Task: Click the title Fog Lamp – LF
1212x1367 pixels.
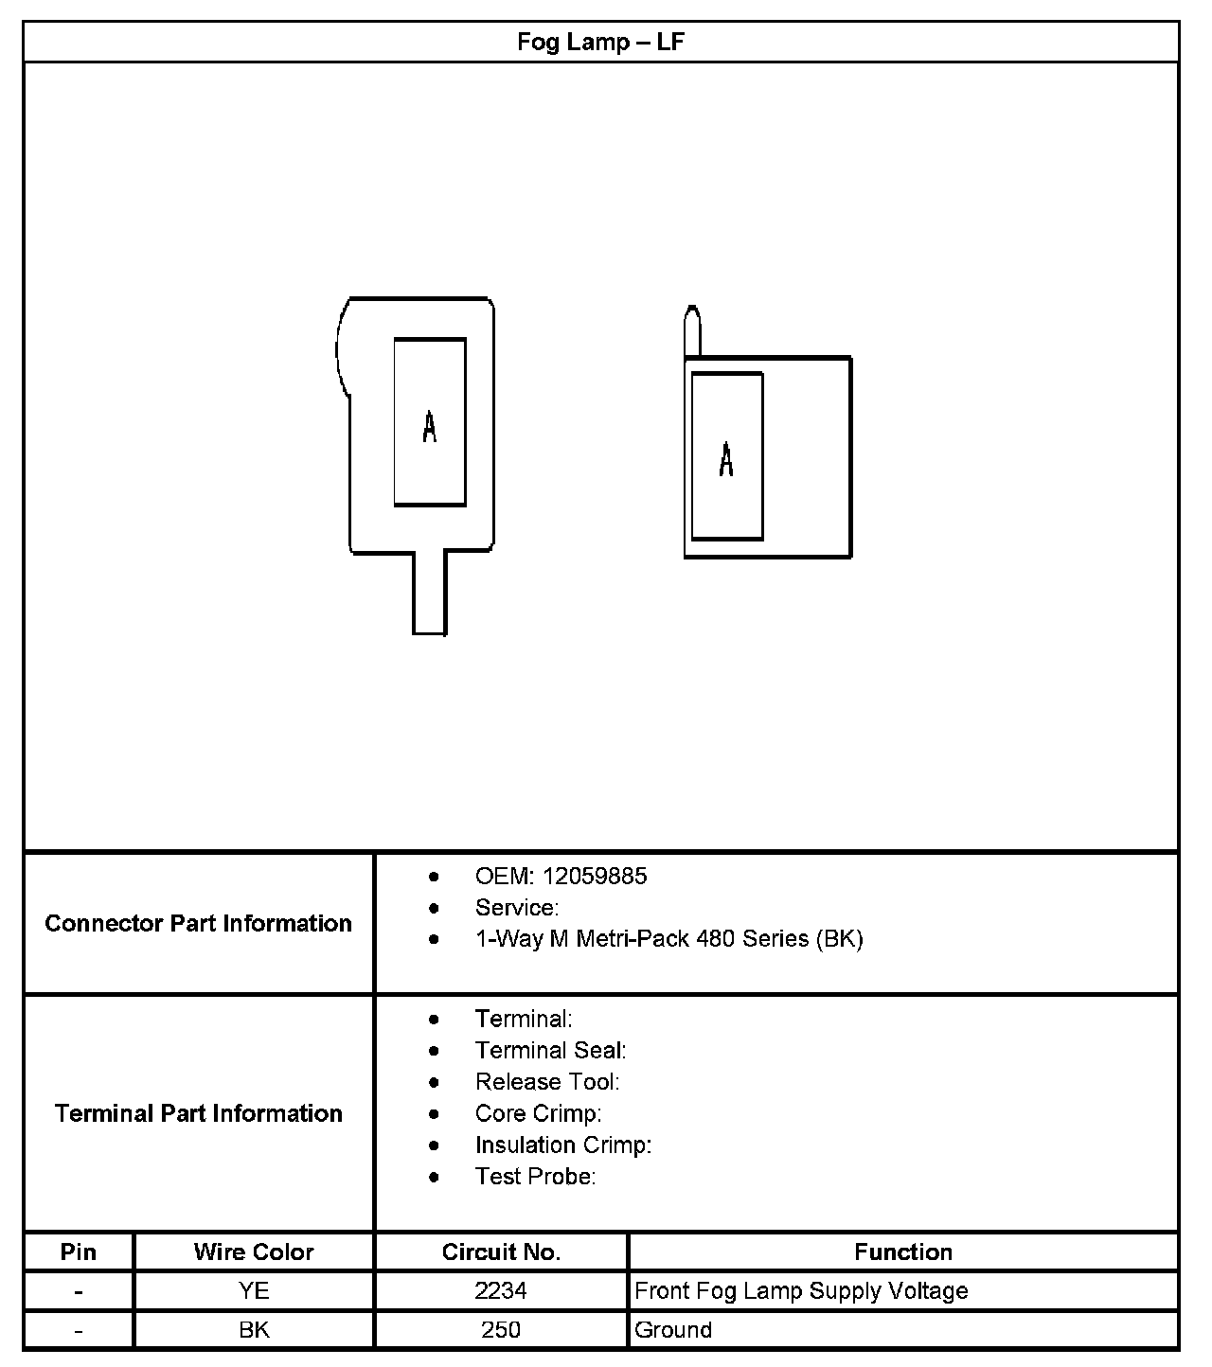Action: pyautogui.click(x=600, y=43)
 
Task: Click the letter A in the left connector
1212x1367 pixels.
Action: pyautogui.click(x=430, y=427)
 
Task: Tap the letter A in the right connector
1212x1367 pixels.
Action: pyautogui.click(x=726, y=459)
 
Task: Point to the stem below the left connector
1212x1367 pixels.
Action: pyautogui.click(x=429, y=592)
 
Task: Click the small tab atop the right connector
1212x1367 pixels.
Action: pyautogui.click(x=693, y=330)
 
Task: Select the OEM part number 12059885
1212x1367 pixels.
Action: pyautogui.click(x=595, y=876)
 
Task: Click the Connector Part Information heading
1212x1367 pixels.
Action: pyautogui.click(x=198, y=923)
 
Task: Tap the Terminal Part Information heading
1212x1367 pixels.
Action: pyautogui.click(x=198, y=1112)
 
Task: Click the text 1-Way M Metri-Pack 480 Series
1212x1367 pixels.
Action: pyautogui.click(x=668, y=938)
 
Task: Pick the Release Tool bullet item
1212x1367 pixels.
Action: pyautogui.click(x=547, y=1081)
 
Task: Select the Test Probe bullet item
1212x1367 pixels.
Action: pyautogui.click(x=535, y=1176)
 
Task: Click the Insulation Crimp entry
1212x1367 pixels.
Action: pyautogui.click(x=562, y=1145)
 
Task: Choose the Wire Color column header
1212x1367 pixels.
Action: pyautogui.click(x=254, y=1252)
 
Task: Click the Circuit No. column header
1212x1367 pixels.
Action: pyautogui.click(x=501, y=1252)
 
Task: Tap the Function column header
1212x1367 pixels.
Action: pyautogui.click(x=902, y=1252)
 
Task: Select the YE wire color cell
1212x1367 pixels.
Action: pyautogui.click(x=254, y=1290)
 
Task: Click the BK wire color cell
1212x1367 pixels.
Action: pyautogui.click(x=254, y=1329)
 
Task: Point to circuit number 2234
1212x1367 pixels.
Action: pyautogui.click(x=501, y=1290)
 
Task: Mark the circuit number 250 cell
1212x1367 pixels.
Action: pyautogui.click(x=501, y=1329)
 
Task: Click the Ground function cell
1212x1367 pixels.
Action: pyautogui.click(x=673, y=1329)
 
